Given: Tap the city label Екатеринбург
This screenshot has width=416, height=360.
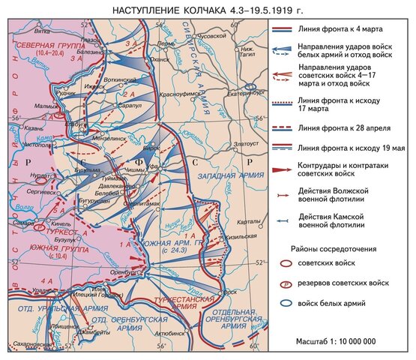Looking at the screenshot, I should point(226,95).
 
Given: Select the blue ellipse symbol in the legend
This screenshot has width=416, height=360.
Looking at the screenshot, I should point(285,304).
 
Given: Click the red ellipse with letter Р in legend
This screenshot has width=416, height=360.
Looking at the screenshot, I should point(285,286).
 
